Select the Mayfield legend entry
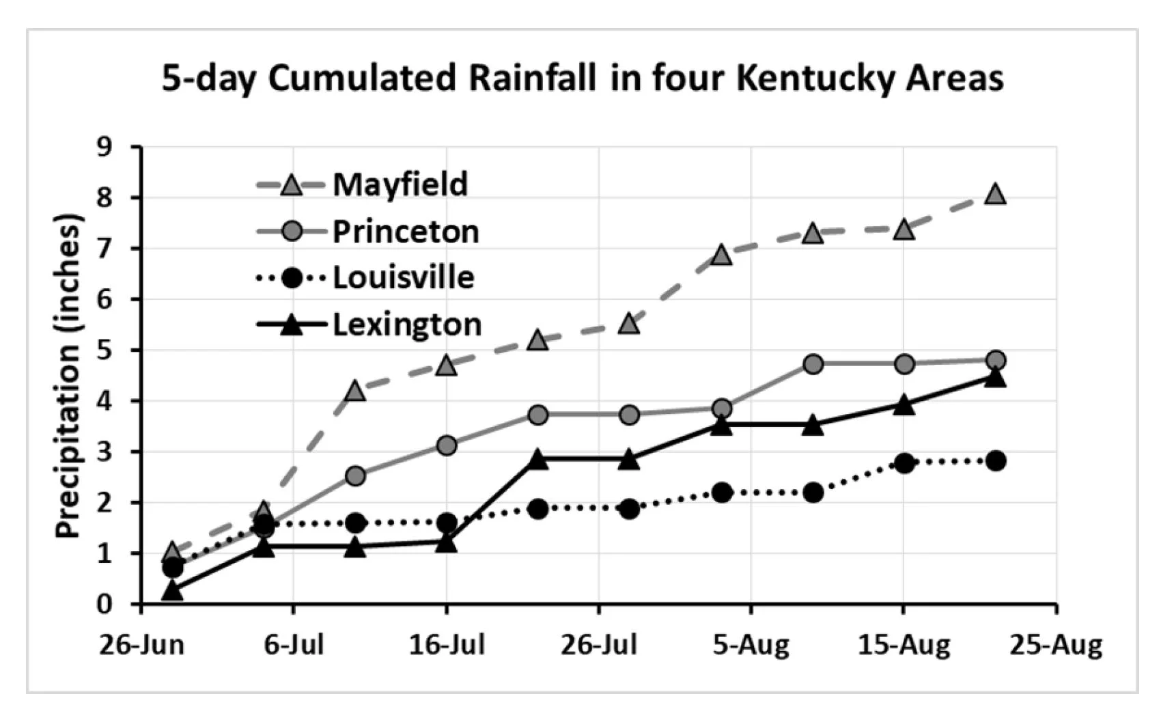tap(400, 184)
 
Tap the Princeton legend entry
tap(405, 232)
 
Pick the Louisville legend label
tap(403, 277)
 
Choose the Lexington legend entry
tap(406, 324)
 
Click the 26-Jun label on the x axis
tap(141, 644)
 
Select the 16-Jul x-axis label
tap(447, 644)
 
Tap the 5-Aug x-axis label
tap(751, 644)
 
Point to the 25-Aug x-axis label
tap(1056, 644)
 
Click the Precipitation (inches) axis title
tap(68, 376)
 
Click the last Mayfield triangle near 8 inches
tap(996, 194)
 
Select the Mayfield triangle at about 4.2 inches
tap(355, 391)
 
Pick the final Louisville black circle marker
tap(996, 460)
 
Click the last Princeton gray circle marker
tap(996, 360)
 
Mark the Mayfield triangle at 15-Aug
tap(904, 230)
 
